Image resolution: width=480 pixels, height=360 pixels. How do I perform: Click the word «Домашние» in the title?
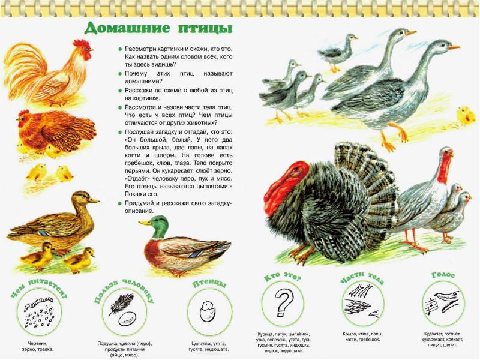pyautogui.click(x=127, y=28)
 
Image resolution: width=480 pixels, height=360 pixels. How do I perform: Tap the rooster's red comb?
pyautogui.click(x=80, y=43)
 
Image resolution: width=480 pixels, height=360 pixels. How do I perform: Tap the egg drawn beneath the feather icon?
pyautogui.click(x=127, y=319)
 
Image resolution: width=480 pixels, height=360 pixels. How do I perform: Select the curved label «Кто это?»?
pyautogui.click(x=282, y=276)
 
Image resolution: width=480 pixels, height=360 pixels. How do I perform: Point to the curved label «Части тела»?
pyautogui.click(x=362, y=277)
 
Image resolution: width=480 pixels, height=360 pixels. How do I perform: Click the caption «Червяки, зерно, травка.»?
pyautogui.click(x=38, y=346)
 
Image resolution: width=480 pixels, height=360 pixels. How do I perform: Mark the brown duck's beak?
pyautogui.click(x=93, y=200)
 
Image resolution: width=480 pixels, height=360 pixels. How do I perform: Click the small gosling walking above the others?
pyautogui.click(x=339, y=52)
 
